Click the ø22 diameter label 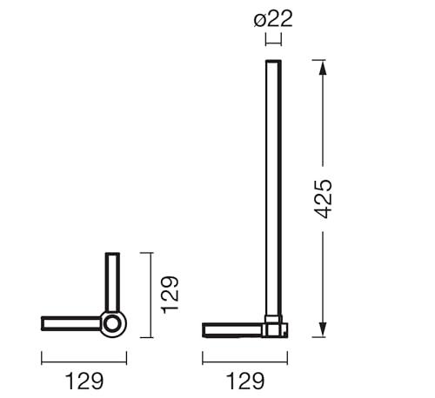click(x=273, y=18)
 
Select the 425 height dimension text click(x=323, y=199)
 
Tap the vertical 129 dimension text click(x=170, y=295)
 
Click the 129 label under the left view click(x=84, y=381)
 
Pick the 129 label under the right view click(x=245, y=381)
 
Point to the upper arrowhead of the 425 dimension click(x=323, y=69)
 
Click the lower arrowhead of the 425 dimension click(x=323, y=329)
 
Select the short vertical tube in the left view click(x=112, y=282)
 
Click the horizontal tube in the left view click(x=71, y=323)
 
